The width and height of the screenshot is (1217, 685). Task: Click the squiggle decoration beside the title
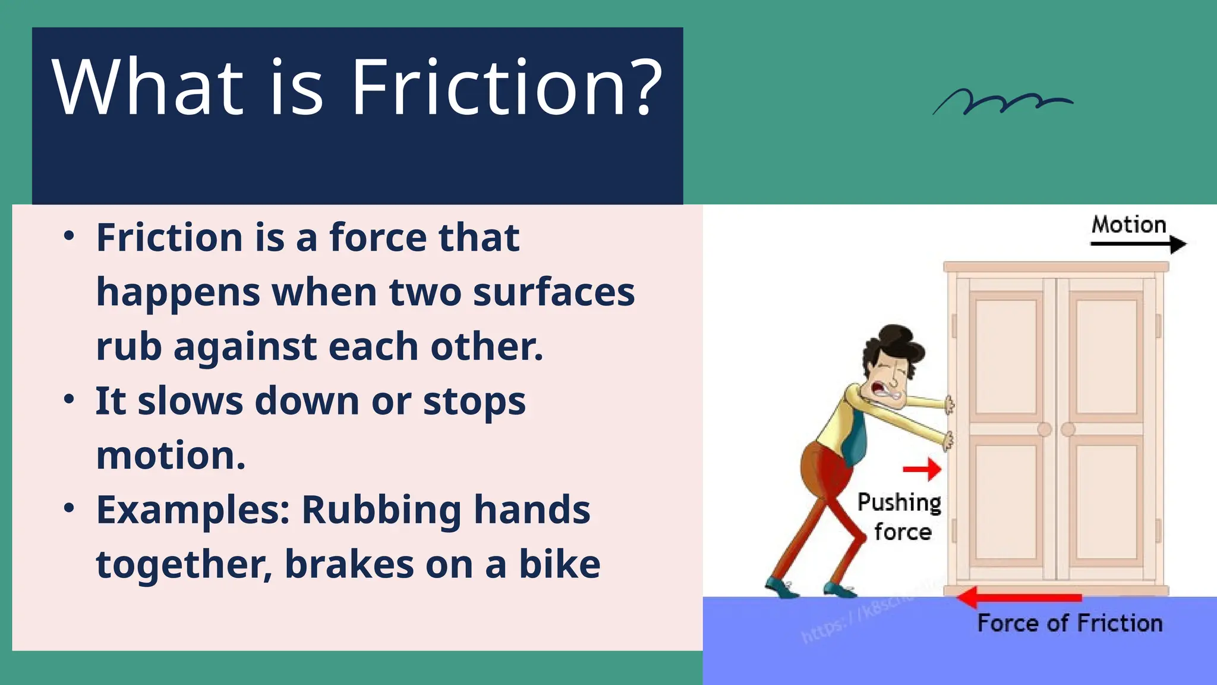click(1002, 102)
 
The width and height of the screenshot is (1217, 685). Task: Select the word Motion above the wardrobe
click(1128, 225)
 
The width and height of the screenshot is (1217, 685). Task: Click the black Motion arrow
click(1138, 244)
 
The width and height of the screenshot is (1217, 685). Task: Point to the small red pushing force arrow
click(922, 469)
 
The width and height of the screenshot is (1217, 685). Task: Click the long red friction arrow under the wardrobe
click(1020, 597)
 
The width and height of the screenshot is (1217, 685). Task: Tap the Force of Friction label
click(1070, 623)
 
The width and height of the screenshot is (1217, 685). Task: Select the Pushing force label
click(900, 517)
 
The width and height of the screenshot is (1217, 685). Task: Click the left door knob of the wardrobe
click(1044, 429)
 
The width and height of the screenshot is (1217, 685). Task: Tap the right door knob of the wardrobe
click(1068, 429)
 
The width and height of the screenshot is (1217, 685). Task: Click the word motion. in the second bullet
click(171, 455)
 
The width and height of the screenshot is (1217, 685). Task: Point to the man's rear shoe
click(780, 588)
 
